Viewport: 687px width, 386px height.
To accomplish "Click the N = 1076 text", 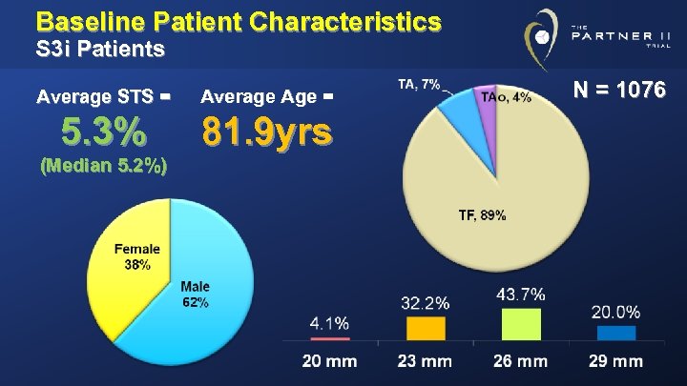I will [619, 91].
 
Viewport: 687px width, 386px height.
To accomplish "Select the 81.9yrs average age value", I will [267, 132].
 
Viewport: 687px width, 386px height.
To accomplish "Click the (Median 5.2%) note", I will [104, 166].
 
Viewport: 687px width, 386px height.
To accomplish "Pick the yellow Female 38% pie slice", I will [134, 267].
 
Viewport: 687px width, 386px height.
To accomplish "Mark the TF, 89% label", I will [482, 215].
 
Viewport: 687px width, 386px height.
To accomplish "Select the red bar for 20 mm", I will [329, 337].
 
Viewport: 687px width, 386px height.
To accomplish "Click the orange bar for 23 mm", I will [426, 328].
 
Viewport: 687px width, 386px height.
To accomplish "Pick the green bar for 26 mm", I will [521, 323].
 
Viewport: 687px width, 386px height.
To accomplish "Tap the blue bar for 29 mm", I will [616, 333].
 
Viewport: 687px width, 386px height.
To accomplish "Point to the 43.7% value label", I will [521, 295].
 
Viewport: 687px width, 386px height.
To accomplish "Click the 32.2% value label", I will [426, 304].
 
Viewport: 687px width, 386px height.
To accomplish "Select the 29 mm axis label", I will [616, 361].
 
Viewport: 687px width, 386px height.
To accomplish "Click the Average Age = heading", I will [268, 95].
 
